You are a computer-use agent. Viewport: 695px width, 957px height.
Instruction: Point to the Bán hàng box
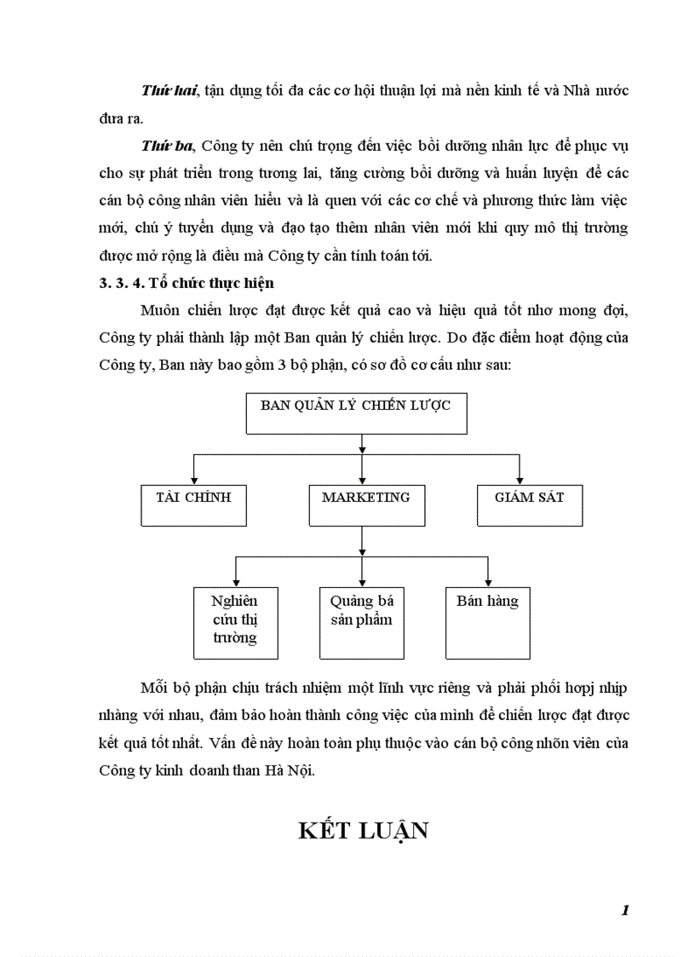tap(487, 622)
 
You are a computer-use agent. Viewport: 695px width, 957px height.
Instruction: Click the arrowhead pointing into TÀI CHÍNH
tap(195, 479)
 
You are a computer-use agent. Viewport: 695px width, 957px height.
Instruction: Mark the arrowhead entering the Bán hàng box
tap(487, 581)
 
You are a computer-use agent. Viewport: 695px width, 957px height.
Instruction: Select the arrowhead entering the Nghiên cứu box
tap(235, 581)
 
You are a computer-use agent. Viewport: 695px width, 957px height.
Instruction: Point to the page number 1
tap(625, 910)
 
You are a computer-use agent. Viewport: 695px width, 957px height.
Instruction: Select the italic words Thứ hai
tap(166, 90)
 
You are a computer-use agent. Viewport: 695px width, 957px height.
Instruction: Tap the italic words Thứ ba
tap(164, 146)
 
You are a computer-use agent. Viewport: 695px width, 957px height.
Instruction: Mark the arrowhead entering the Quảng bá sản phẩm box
tap(364, 581)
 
